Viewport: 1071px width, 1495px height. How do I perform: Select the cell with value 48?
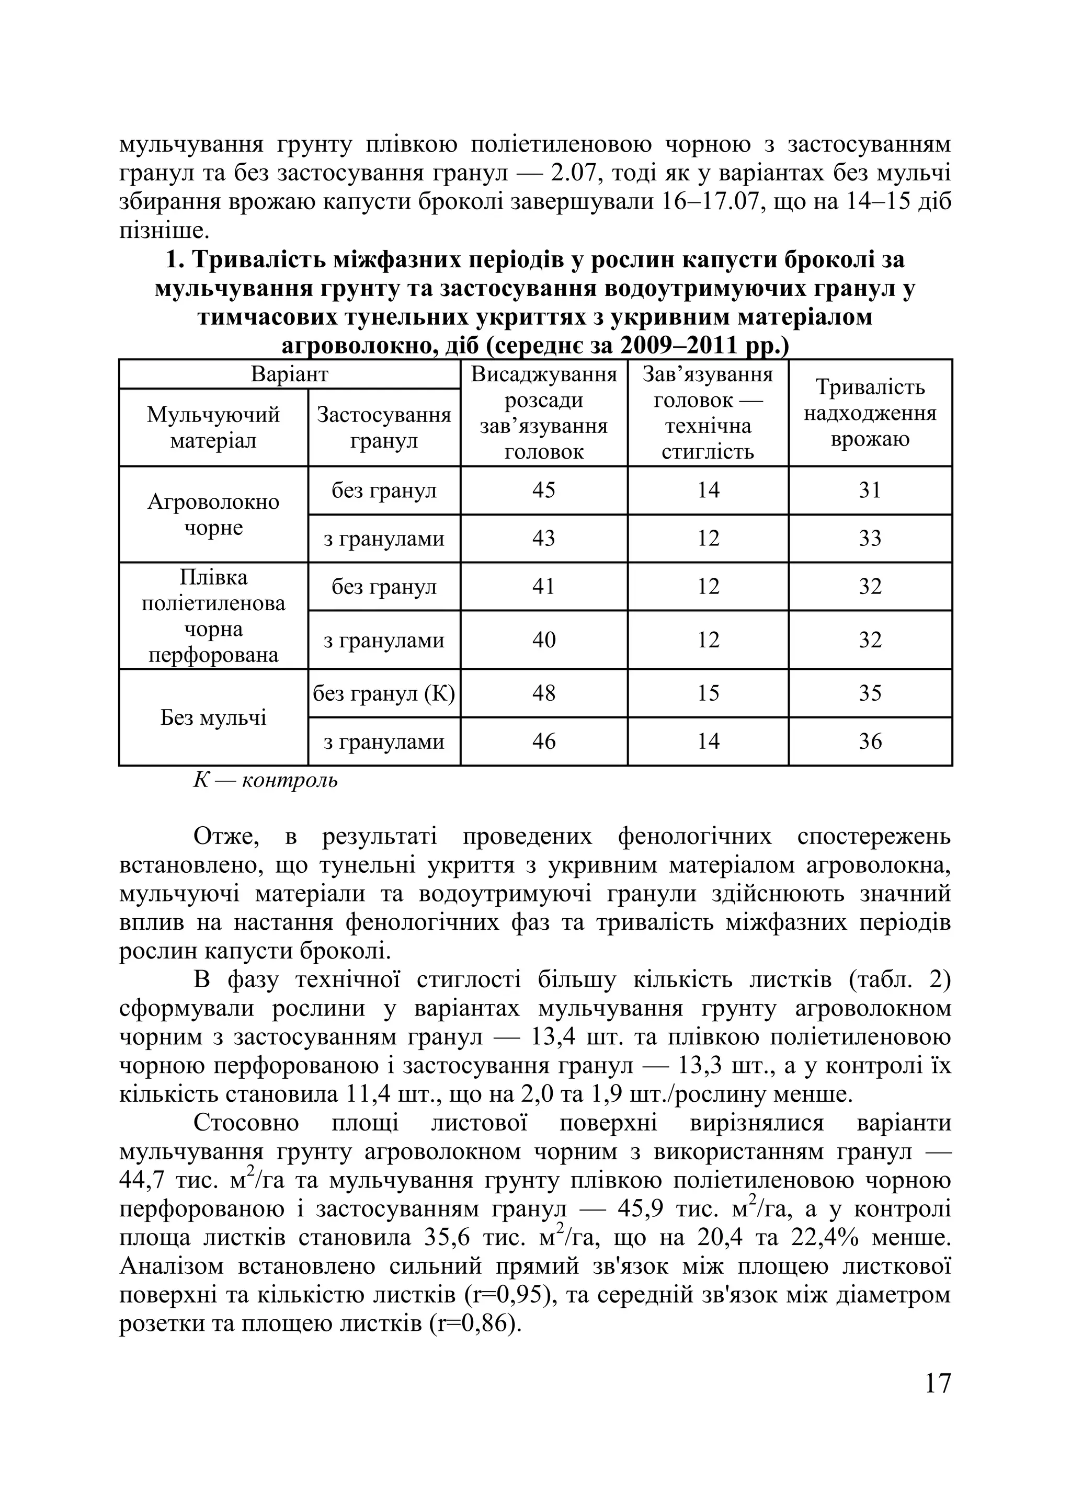pyautogui.click(x=544, y=693)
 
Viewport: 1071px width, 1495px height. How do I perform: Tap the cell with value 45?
pyautogui.click(x=544, y=490)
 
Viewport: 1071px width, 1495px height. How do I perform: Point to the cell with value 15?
pyautogui.click(x=708, y=693)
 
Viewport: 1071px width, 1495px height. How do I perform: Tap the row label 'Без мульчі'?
pyautogui.click(x=213, y=717)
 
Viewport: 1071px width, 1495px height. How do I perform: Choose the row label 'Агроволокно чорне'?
pyautogui.click(x=213, y=514)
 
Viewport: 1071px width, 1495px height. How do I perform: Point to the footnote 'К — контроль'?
pyautogui.click(x=265, y=781)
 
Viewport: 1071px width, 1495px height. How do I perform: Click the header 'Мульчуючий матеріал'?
pyautogui.click(x=213, y=427)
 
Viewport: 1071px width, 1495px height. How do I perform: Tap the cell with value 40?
pyautogui.click(x=544, y=640)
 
